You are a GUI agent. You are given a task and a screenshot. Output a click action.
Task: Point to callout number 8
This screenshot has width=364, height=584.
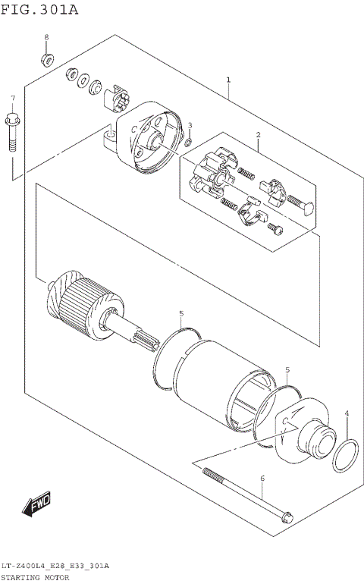45,37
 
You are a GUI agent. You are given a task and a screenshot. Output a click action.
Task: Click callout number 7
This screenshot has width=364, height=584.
13,99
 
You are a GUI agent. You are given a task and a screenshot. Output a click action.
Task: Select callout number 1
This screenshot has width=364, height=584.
228,80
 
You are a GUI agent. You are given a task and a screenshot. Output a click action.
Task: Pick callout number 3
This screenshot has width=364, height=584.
190,125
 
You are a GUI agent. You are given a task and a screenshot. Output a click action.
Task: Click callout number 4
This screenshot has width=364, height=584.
347,413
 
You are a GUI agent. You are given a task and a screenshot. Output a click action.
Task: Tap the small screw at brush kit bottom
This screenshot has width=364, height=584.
277,228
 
